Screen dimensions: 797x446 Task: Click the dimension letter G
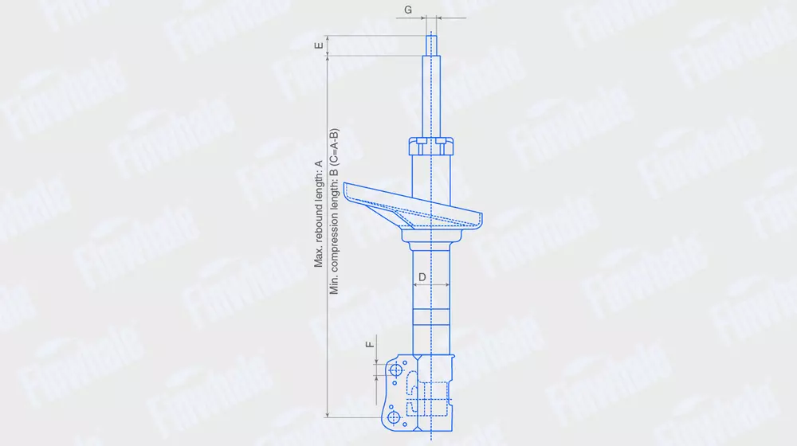pos(407,10)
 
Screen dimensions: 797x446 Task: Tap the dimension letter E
pos(319,45)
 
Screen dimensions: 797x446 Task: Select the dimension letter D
pos(422,277)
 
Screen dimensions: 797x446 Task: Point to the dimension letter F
pos(370,344)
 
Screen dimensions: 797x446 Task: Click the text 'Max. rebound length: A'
pos(319,214)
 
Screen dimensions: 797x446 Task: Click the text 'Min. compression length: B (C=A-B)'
pos(333,211)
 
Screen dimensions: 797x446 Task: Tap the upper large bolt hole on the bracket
pos(395,370)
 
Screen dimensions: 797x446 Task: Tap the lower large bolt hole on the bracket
pos(394,417)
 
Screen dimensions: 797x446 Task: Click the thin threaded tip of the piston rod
pos(431,44)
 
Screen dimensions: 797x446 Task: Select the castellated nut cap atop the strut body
pos(431,147)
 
